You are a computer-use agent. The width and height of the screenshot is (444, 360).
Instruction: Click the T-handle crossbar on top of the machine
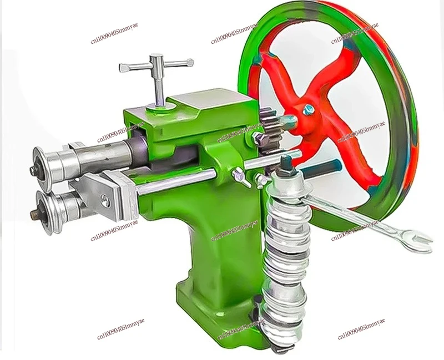click(x=157, y=64)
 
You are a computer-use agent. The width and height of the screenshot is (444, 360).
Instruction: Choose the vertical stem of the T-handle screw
click(x=158, y=86)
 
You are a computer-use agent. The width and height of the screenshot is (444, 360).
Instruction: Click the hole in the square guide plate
click(x=104, y=201)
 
